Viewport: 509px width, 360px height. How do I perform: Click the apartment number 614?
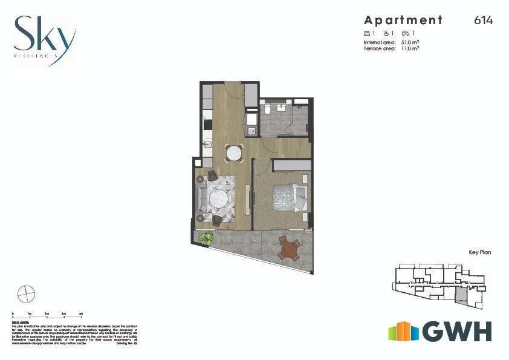pyautogui.click(x=484, y=21)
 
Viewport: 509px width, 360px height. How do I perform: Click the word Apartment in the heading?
pyautogui.click(x=403, y=21)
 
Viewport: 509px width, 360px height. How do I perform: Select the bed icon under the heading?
pyautogui.click(x=366, y=33)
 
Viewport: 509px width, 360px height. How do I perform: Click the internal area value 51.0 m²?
pyautogui.click(x=410, y=43)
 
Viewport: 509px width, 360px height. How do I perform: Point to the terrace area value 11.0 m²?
pyautogui.click(x=410, y=48)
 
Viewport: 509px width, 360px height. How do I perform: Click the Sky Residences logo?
pyautogui.click(x=45, y=37)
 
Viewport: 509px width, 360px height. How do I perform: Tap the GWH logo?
pyautogui.click(x=439, y=331)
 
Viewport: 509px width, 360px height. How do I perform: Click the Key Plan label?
pyautogui.click(x=479, y=252)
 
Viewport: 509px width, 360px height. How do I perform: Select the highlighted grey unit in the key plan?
pyautogui.click(x=461, y=295)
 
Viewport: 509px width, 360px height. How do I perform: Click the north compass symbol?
pyautogui.click(x=26, y=295)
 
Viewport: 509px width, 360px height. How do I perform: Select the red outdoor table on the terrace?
pyautogui.click(x=289, y=249)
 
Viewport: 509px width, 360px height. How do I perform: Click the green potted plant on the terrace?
pyautogui.click(x=206, y=238)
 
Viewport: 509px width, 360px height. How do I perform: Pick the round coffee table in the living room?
pyautogui.click(x=218, y=198)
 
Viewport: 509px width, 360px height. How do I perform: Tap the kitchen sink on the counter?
pyautogui.click(x=206, y=144)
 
